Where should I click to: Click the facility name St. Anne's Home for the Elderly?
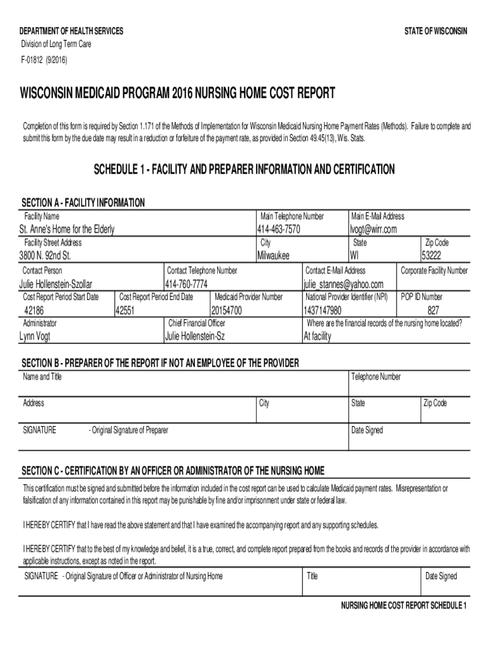[67, 230]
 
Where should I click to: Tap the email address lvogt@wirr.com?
[373, 230]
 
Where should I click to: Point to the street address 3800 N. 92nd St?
[44, 256]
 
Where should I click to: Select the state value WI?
[354, 256]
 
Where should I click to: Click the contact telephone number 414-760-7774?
[186, 284]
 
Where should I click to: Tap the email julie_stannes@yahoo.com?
[344, 284]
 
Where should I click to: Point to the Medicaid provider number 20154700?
[227, 310]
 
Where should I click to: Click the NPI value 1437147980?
[323, 310]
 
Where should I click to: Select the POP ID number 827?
[433, 310]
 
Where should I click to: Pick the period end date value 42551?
[124, 310]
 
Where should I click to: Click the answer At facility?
[318, 336]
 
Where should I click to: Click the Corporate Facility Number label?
[434, 271]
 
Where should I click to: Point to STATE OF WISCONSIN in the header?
[436, 31]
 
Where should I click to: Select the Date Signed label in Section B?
[367, 430]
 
